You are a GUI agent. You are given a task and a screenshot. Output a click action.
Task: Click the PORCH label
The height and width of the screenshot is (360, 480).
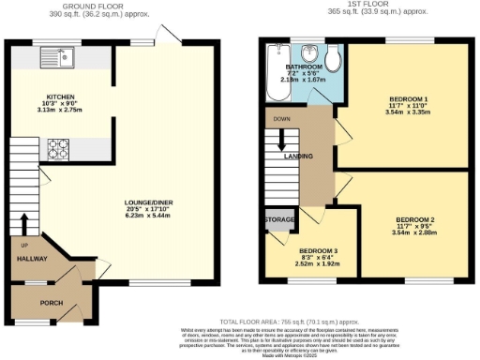click(x=50, y=303)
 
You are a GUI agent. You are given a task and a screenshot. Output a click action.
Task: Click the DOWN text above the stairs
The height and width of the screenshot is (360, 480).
click(x=281, y=120)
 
